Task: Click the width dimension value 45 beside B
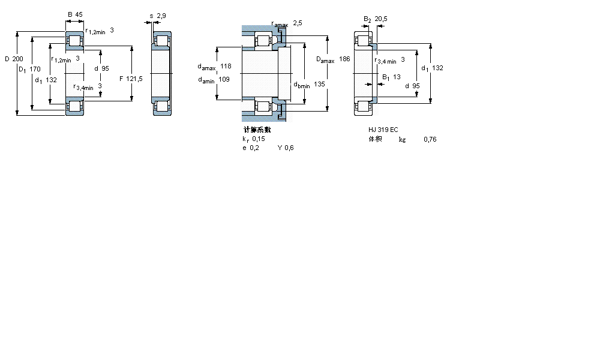coord(79,14)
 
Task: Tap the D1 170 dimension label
coord(29,70)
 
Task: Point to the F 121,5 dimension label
coord(130,79)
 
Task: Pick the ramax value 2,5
coord(298,23)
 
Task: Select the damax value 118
coord(226,66)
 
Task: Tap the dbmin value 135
coord(319,85)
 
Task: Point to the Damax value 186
coord(344,59)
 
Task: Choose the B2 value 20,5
coord(381,19)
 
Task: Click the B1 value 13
coord(397,77)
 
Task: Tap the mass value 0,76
coord(430,139)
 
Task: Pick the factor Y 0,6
coord(286,148)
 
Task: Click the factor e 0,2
coord(250,148)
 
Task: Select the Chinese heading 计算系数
coord(257,130)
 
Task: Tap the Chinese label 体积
coord(376,139)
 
